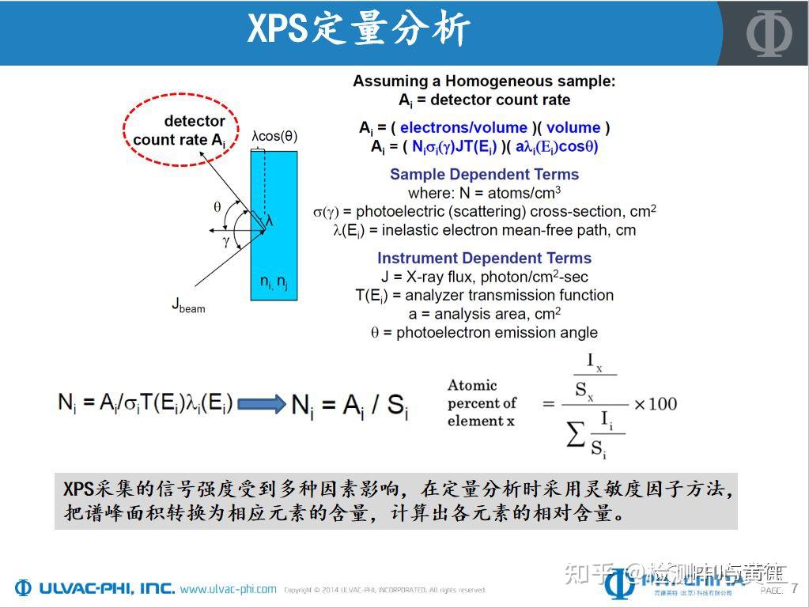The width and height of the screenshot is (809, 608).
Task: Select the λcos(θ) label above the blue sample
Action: pos(274,136)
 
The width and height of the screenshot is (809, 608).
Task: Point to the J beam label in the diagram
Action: pos(188,304)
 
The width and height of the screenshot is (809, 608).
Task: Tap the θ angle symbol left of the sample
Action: pos(217,207)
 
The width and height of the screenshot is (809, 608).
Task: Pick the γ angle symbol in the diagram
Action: pos(226,241)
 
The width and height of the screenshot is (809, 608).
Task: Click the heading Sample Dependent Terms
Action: pos(484,175)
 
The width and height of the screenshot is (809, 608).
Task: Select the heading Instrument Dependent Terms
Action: pos(484,259)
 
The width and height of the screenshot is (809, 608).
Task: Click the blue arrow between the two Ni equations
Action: pos(261,404)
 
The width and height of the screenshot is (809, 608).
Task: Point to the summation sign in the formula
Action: pos(577,434)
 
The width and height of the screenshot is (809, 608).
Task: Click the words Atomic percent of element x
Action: pos(482,403)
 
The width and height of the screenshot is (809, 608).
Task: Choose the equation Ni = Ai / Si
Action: pos(350,405)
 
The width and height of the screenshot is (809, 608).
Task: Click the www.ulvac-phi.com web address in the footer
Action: pos(229,589)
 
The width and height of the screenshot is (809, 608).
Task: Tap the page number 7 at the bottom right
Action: pos(794,588)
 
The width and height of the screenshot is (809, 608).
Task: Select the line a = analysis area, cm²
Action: pos(484,314)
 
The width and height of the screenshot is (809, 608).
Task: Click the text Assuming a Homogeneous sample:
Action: pos(484,81)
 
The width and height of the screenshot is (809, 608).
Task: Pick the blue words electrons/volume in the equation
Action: pos(463,127)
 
